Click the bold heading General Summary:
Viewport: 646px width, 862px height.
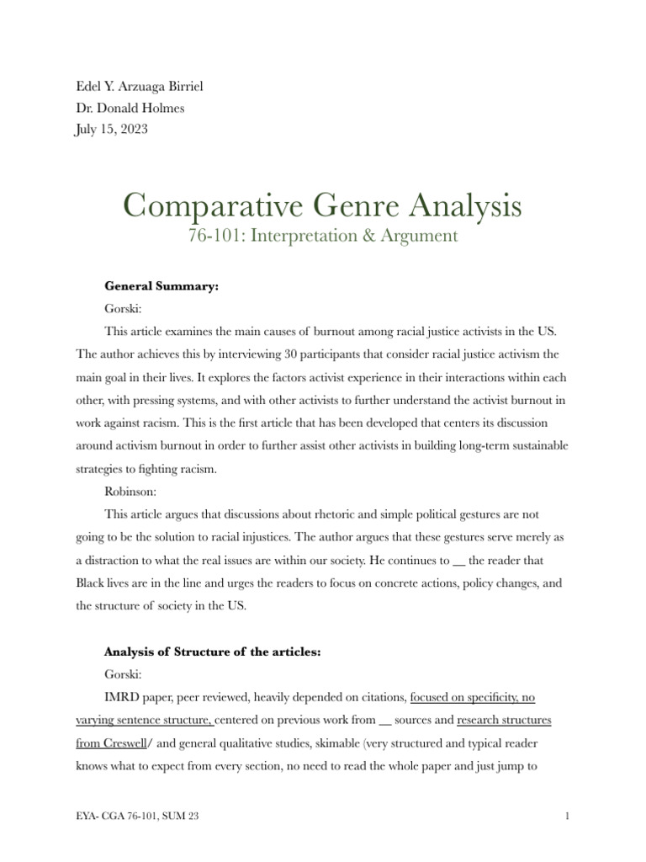pos(161,286)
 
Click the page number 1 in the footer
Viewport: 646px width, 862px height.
pos(569,817)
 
